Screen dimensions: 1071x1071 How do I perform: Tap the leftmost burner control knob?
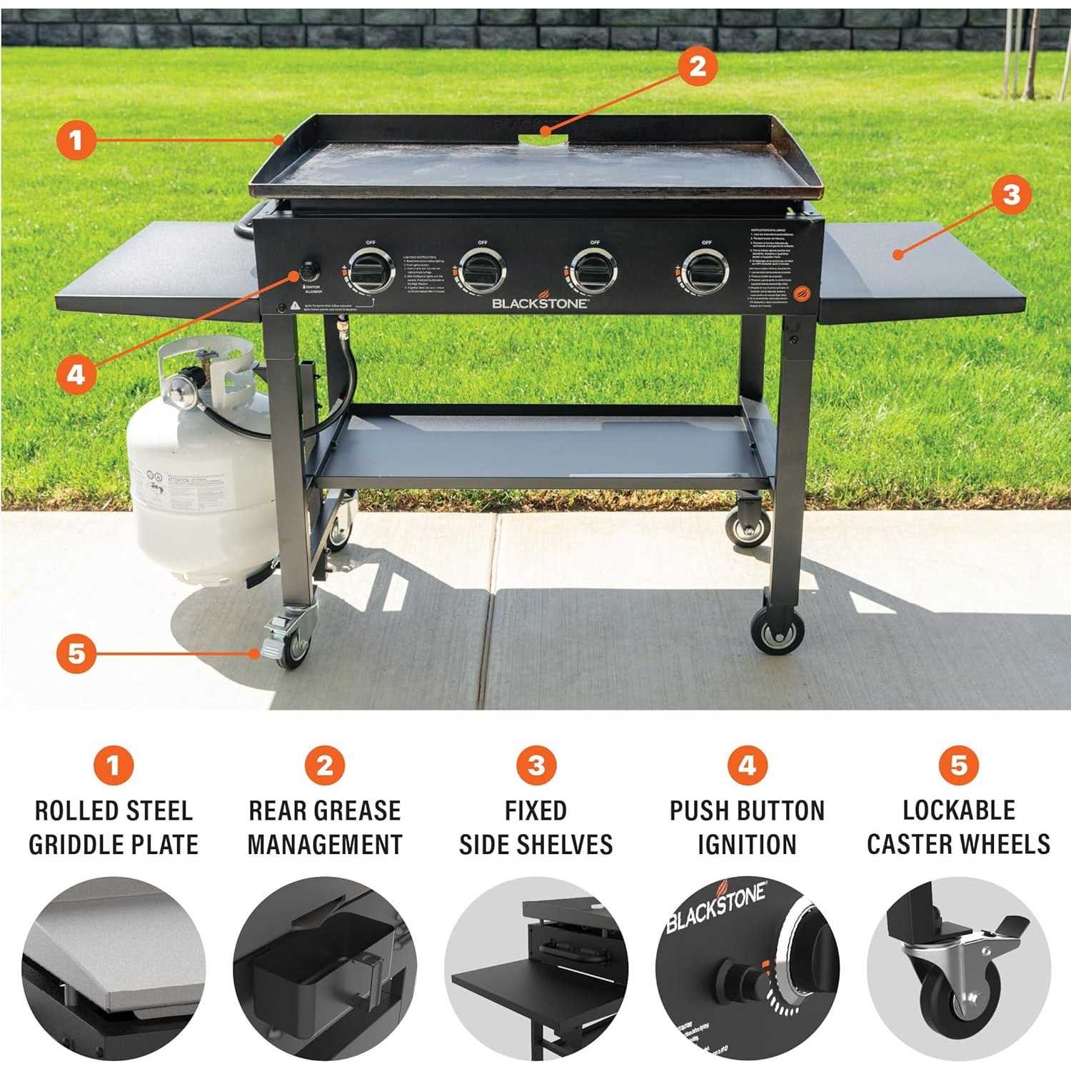[371, 271]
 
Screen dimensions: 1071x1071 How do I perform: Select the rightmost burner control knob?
[705, 271]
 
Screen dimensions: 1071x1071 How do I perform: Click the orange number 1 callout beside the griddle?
[76, 140]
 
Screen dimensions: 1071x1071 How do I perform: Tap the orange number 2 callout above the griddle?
[697, 66]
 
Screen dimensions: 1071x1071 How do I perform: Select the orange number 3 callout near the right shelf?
[1011, 194]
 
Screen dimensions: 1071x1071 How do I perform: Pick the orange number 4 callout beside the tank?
[76, 373]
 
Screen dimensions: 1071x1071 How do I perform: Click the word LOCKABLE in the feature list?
[958, 810]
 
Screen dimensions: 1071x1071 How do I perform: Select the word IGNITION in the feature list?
[747, 844]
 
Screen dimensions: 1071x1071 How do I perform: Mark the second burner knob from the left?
[482, 271]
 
